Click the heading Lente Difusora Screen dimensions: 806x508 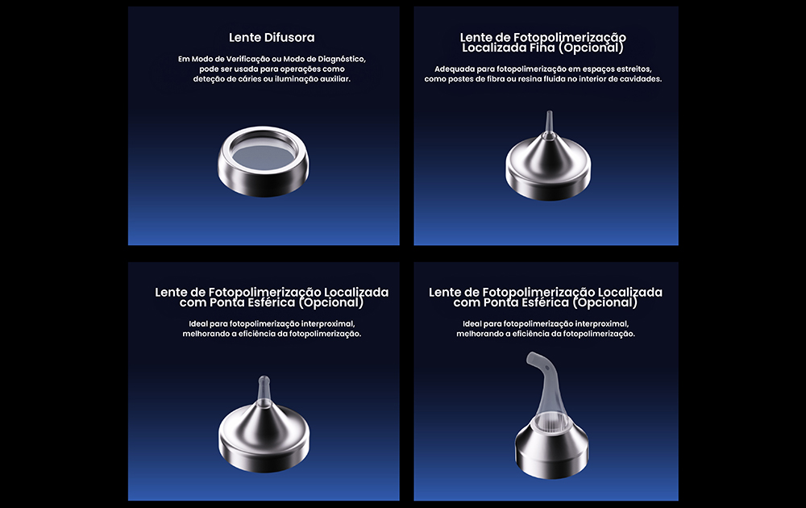click(x=272, y=38)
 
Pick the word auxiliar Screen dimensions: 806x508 click(x=335, y=79)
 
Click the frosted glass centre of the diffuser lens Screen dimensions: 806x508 click(x=264, y=155)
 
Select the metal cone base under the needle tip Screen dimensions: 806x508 click(x=548, y=169)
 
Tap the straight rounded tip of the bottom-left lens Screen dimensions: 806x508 click(x=264, y=390)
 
